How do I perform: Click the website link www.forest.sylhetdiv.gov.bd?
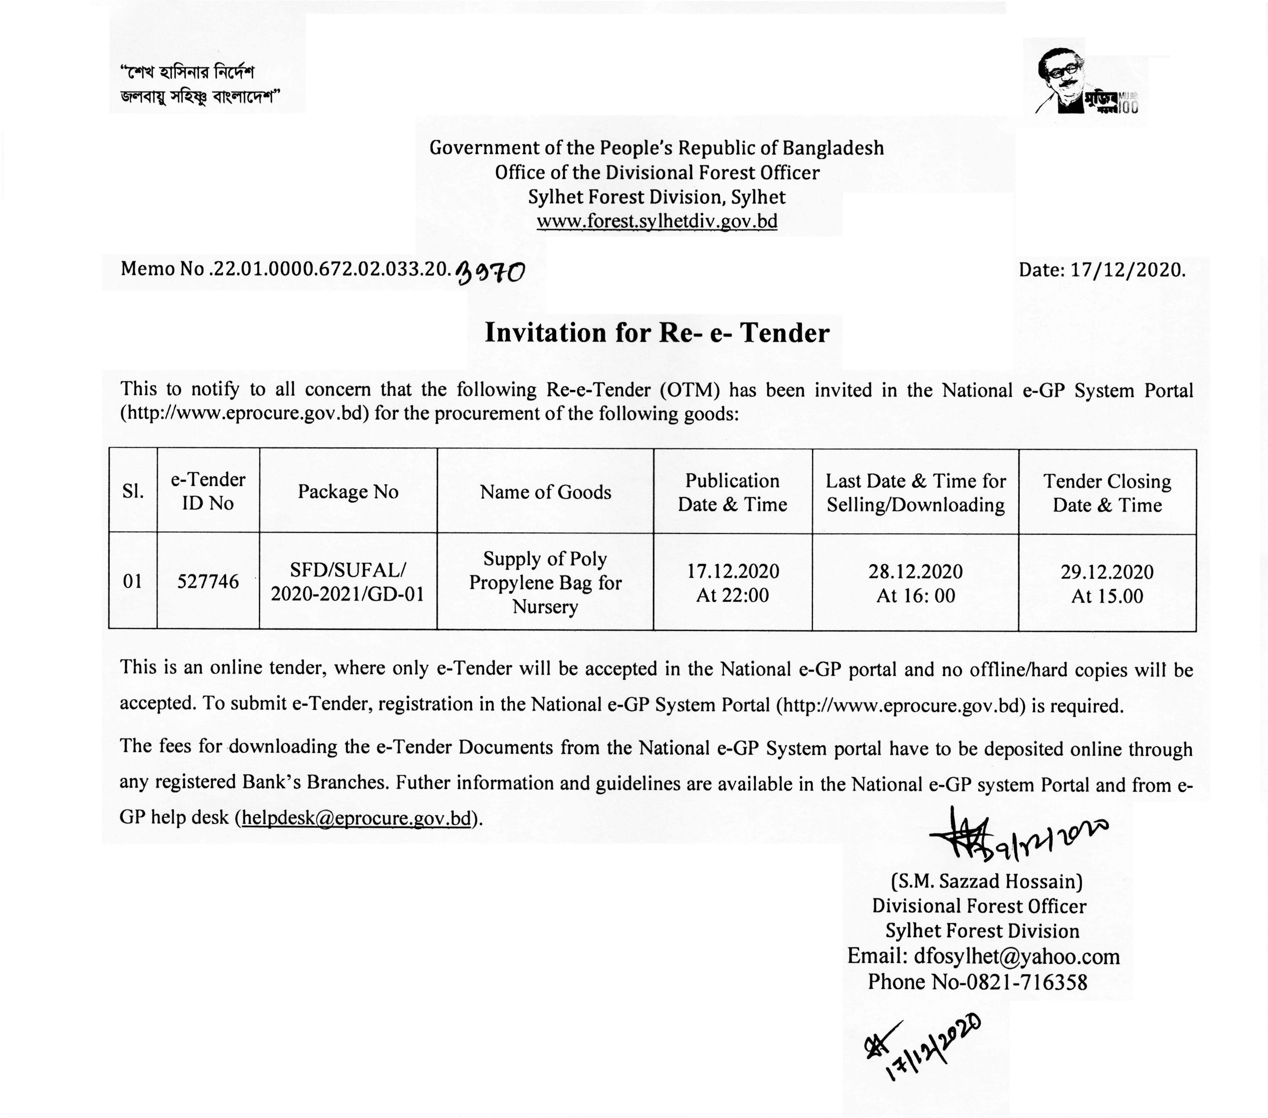(656, 221)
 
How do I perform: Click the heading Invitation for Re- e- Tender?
(656, 333)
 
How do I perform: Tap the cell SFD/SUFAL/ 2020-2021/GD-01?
(348, 582)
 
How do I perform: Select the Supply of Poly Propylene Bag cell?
(545, 582)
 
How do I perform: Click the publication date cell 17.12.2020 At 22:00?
(733, 583)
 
